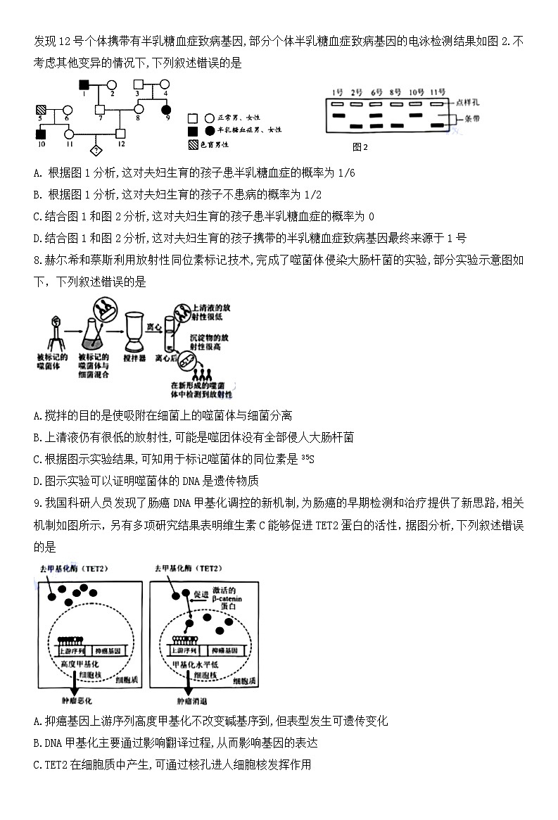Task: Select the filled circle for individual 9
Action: pos(167,109)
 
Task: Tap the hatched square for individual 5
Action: pos(40,110)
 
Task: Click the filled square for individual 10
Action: pos(40,133)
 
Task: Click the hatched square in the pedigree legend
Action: pos(192,144)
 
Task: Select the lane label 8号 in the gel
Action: pos(395,92)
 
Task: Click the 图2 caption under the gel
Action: pos(360,147)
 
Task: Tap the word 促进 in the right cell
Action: pos(200,594)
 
